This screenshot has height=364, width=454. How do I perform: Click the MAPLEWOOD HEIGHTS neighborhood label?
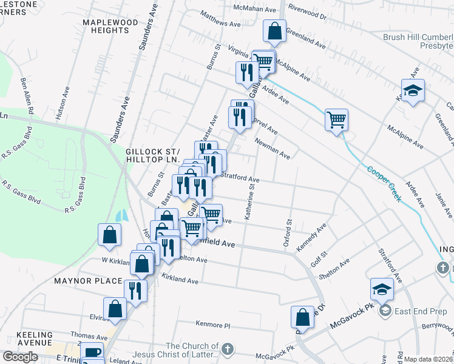(111, 27)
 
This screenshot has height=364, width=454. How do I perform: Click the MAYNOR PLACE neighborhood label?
(80, 281)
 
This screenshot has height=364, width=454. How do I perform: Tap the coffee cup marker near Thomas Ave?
(92, 352)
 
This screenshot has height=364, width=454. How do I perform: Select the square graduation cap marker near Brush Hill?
(413, 91)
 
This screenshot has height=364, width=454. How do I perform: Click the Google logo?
(21, 356)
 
